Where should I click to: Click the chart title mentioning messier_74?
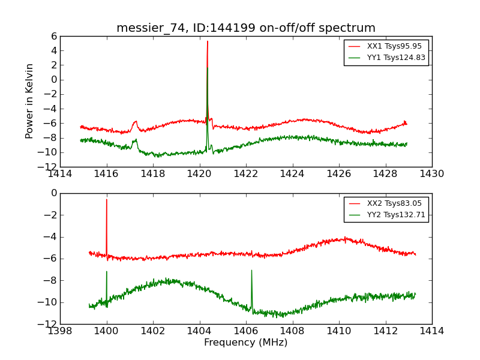pos(246,28)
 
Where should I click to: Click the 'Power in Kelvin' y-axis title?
pos(30,101)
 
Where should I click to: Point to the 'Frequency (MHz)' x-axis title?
pos(245,343)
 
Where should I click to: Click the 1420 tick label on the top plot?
pos(199,174)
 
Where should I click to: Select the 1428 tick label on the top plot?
pos(385,174)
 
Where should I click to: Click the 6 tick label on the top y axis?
pos(53,36)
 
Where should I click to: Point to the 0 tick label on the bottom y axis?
pos(53,193)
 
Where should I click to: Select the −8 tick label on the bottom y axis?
pos(50,280)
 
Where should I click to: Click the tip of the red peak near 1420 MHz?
pos(208,41)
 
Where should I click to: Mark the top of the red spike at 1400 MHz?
pos(107,199)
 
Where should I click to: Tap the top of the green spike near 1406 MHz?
pos(251,270)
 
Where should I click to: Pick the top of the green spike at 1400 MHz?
pos(107,271)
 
